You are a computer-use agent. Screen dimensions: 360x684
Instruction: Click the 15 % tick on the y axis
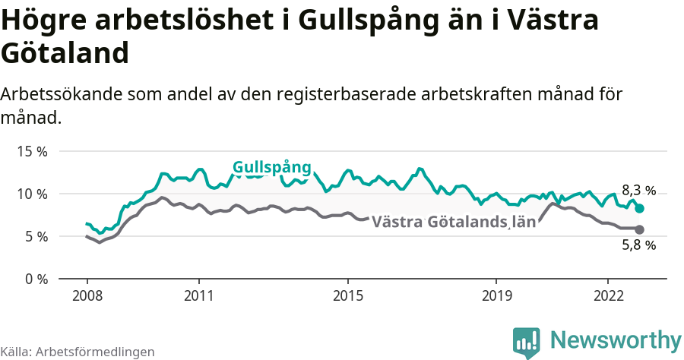31,151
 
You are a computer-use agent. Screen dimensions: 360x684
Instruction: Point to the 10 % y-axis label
31,194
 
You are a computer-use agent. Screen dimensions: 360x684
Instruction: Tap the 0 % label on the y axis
34,279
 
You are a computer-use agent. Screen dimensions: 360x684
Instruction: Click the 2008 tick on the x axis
87,295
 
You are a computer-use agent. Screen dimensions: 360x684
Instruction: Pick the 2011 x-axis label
198,295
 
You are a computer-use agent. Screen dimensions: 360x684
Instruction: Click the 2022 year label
609,295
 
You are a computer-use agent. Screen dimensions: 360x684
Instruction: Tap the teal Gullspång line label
272,167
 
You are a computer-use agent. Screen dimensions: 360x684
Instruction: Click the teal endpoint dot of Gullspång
639,208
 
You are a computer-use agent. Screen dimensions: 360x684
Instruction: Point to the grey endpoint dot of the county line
639,229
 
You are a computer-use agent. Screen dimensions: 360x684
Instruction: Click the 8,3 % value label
638,191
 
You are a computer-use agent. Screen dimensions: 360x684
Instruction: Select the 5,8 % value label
638,245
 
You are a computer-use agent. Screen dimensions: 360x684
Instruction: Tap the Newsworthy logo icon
526,343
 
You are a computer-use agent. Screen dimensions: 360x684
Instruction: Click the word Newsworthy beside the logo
616,339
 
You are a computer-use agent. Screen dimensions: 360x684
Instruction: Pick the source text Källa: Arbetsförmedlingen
78,352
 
